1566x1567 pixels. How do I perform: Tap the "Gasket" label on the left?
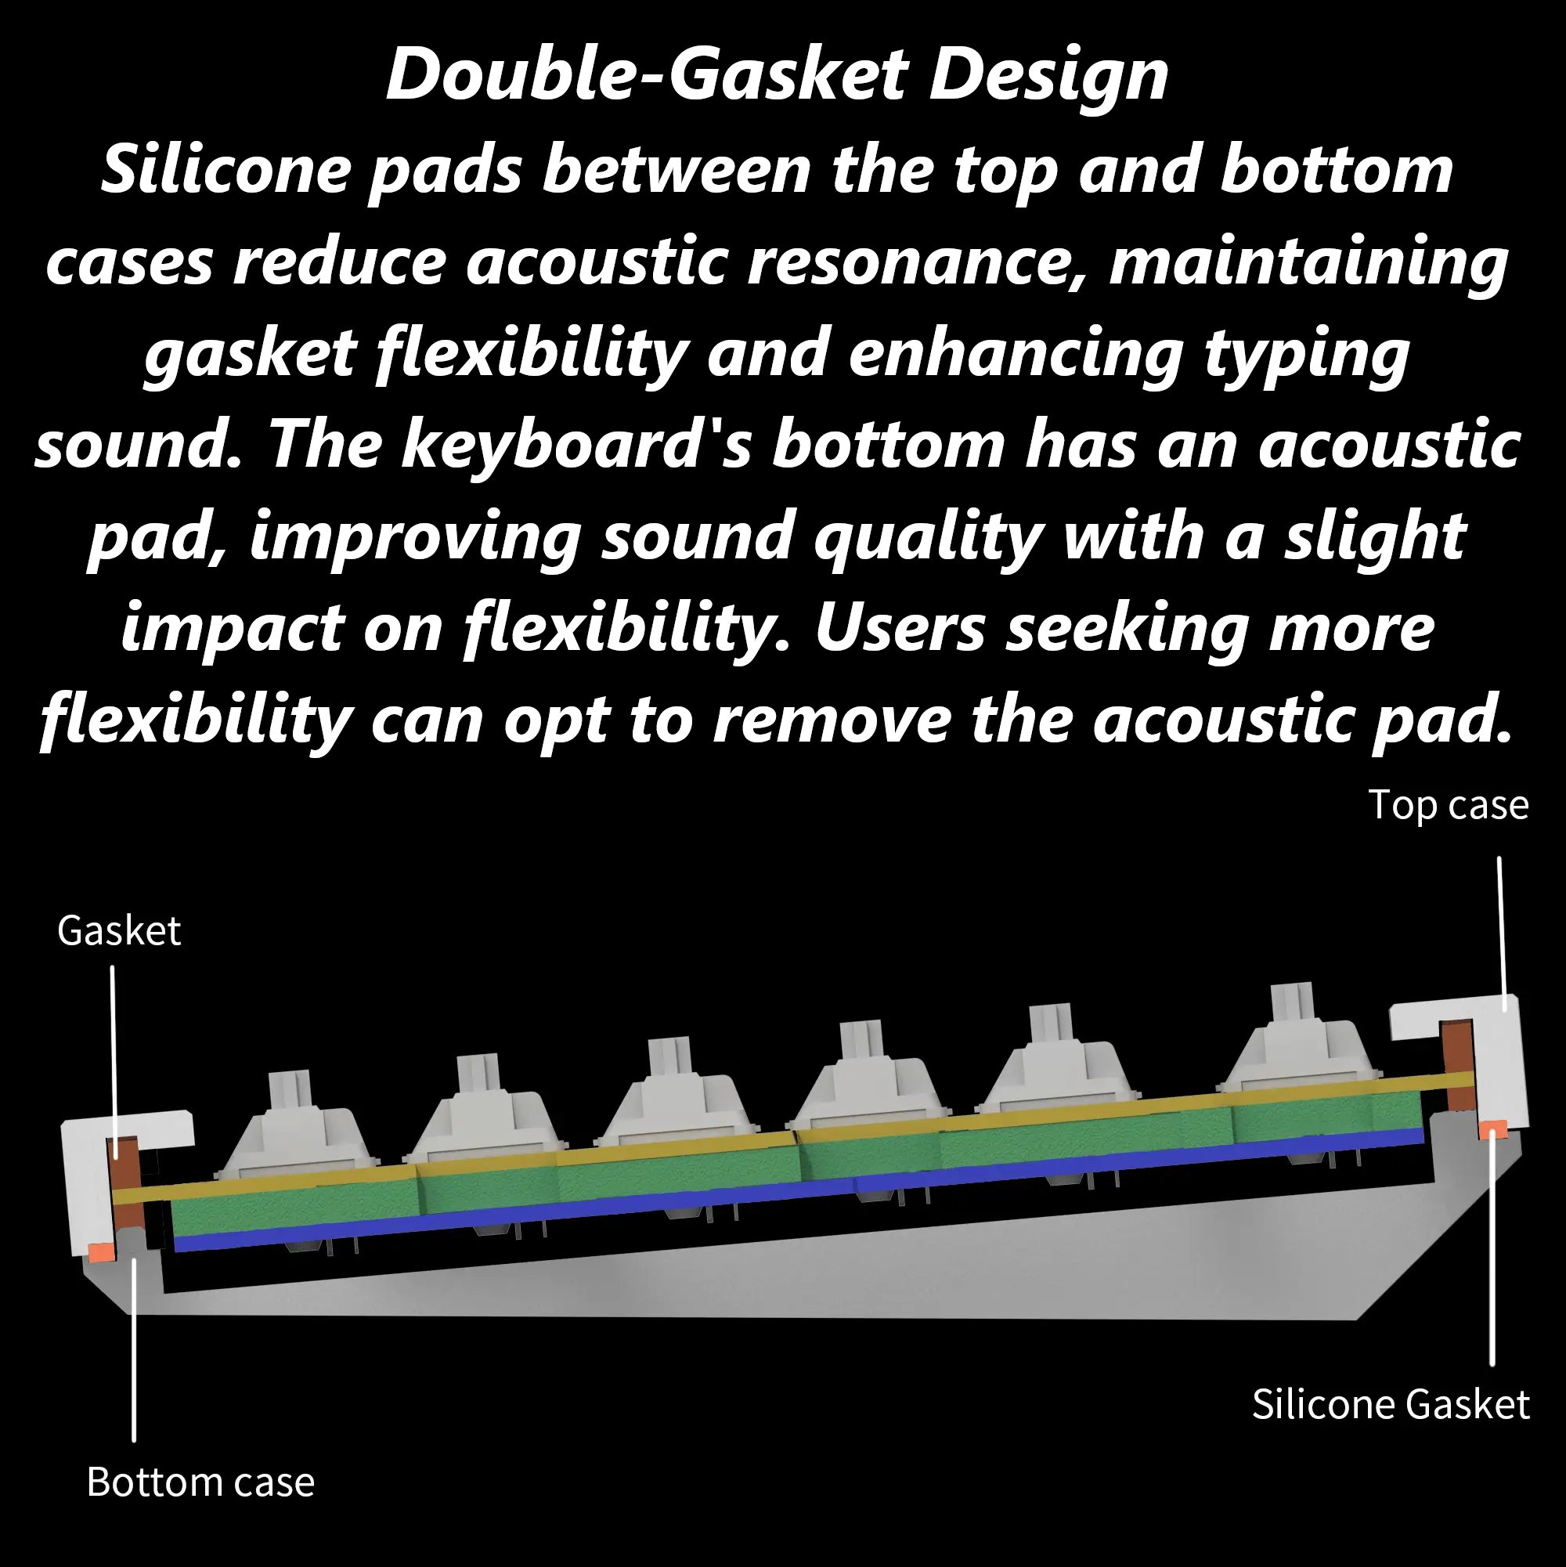(x=119, y=930)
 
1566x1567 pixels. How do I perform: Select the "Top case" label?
(x=1449, y=805)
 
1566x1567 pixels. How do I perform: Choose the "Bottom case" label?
(x=200, y=1482)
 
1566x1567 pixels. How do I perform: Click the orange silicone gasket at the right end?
(x=1493, y=1129)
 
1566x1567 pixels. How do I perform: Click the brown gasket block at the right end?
(x=1458, y=1066)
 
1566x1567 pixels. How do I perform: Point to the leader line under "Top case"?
(x=1502, y=933)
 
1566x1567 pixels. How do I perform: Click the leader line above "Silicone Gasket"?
(x=1492, y=1249)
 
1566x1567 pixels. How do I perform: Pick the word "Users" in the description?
(x=900, y=628)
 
